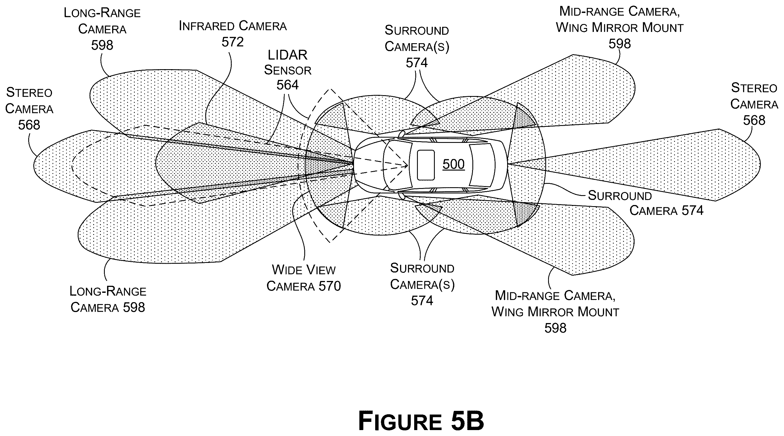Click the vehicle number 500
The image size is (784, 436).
[453, 164]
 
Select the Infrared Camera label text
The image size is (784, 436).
[233, 26]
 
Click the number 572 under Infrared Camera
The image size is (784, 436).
[233, 42]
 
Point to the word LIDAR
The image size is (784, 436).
[288, 55]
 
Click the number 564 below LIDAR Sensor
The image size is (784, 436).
[288, 85]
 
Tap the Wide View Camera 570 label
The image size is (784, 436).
[304, 278]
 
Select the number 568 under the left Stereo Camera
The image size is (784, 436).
[29, 125]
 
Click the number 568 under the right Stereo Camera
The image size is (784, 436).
[754, 121]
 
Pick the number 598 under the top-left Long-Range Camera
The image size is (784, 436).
[102, 45]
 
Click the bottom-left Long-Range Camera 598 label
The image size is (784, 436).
[108, 299]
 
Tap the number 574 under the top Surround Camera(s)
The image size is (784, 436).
[417, 63]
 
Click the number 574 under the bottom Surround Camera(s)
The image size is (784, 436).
[422, 301]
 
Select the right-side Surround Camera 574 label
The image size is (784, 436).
[646, 203]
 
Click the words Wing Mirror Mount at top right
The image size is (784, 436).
[620, 28]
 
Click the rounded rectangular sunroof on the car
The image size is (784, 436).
[425, 165]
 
